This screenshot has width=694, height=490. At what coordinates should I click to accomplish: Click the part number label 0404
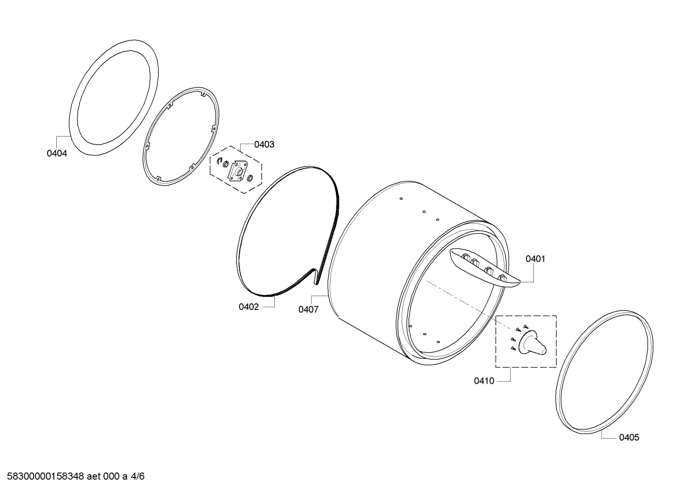coord(57,153)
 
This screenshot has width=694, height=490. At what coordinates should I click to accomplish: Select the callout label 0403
coord(264,144)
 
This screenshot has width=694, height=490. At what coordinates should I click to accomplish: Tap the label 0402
coord(249,307)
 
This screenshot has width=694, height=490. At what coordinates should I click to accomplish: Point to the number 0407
coord(308,309)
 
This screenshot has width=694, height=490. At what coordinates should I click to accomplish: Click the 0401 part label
coord(535,259)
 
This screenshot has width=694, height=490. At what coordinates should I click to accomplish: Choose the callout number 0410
coord(484,381)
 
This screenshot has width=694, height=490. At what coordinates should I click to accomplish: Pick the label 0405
coord(629,437)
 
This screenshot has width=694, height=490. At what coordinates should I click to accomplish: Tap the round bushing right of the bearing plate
coord(250,178)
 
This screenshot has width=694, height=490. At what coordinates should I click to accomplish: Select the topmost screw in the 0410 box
coord(525,327)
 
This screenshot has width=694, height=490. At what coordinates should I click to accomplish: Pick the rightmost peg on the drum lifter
coord(502,278)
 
